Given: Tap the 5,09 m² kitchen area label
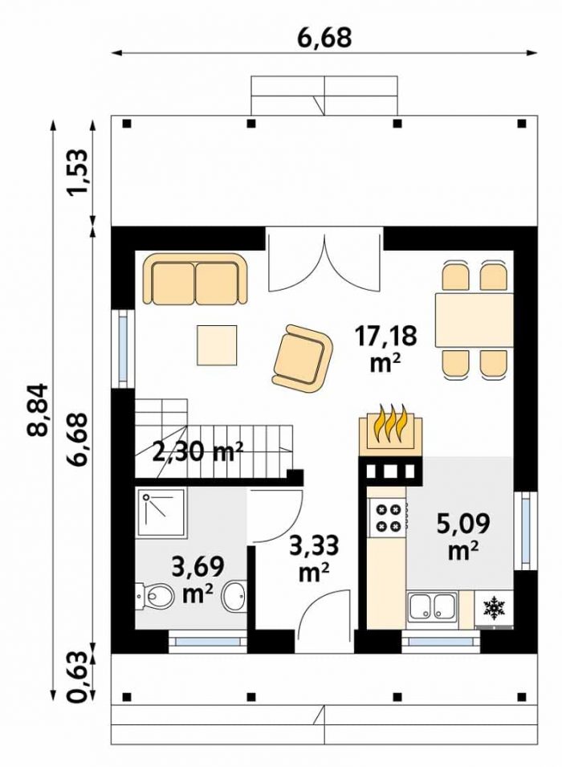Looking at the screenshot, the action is (462, 537).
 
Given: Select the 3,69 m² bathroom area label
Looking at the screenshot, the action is (198, 580).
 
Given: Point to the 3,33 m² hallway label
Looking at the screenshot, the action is (314, 558).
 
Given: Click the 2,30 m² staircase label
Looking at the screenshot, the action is (198, 451).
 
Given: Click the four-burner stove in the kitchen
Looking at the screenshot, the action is (388, 518).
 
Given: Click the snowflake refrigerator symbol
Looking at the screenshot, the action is (494, 606).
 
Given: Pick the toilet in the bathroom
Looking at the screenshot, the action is (155, 596).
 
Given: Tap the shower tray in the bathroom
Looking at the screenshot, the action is (161, 513).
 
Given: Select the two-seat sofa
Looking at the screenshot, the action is (196, 279).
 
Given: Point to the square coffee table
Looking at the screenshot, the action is (217, 345).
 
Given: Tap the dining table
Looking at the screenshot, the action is (474, 320).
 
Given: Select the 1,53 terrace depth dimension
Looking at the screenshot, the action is (78, 171).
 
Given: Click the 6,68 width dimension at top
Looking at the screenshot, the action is (325, 38).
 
